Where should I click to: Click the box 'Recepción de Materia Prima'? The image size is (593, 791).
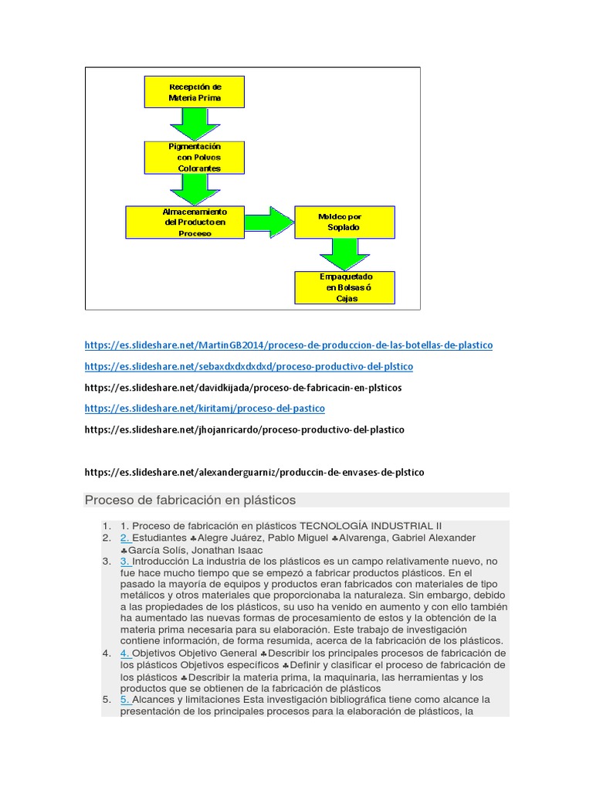coord(194,92)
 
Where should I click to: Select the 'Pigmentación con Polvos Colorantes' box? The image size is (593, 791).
coord(194,157)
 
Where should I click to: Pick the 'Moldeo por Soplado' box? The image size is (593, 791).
coord(344,222)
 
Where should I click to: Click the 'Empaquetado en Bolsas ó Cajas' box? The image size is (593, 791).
coord(344,287)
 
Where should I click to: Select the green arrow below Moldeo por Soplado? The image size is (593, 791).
coord(344,254)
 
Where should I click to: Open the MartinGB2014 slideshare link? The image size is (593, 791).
coord(288,345)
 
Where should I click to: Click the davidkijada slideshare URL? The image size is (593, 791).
coord(243,387)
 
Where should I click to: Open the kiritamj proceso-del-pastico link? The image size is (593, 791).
coord(205,408)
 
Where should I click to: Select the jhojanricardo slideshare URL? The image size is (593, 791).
coord(244,429)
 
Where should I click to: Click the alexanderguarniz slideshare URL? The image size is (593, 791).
coord(254,471)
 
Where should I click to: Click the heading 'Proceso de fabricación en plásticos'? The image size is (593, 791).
coord(190,500)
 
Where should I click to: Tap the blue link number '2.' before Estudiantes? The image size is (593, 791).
coord(125,538)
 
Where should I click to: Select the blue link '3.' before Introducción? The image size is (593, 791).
coord(125,561)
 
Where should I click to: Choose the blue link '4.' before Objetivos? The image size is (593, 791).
coord(125,654)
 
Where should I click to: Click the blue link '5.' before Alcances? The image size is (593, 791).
coord(125,700)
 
